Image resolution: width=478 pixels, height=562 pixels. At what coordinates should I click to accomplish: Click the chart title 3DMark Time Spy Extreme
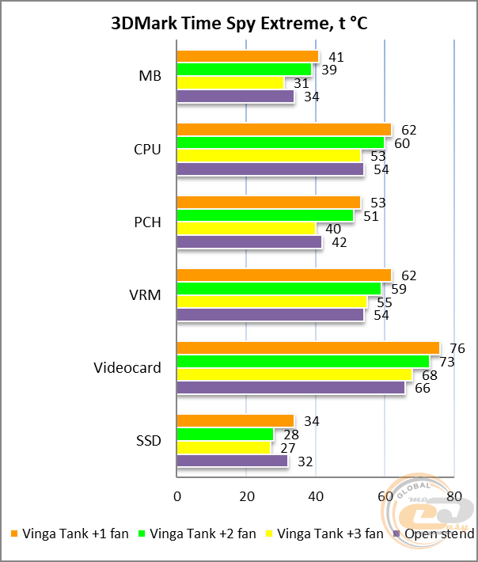click(239, 25)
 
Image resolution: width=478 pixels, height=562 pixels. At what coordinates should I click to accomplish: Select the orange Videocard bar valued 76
click(307, 348)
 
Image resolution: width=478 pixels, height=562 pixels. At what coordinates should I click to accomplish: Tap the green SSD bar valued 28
click(225, 435)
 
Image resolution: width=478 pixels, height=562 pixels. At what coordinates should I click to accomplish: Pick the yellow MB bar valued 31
click(230, 83)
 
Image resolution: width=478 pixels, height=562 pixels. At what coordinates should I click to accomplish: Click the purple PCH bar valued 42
click(248, 242)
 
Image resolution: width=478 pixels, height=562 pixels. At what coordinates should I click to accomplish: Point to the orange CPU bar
click(283, 130)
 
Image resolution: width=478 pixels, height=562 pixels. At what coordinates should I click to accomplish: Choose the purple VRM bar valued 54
click(270, 315)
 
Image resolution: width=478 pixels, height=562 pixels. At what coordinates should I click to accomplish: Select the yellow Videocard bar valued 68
click(294, 374)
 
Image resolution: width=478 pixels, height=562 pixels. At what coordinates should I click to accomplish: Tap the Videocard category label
click(127, 368)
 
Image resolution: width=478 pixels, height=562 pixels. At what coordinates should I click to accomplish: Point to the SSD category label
click(150, 441)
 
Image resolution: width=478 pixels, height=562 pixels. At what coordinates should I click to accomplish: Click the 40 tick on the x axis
click(315, 496)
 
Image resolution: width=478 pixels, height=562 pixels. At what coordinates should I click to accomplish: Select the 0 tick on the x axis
click(176, 496)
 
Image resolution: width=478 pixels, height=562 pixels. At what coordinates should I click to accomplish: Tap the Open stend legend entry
click(438, 534)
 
